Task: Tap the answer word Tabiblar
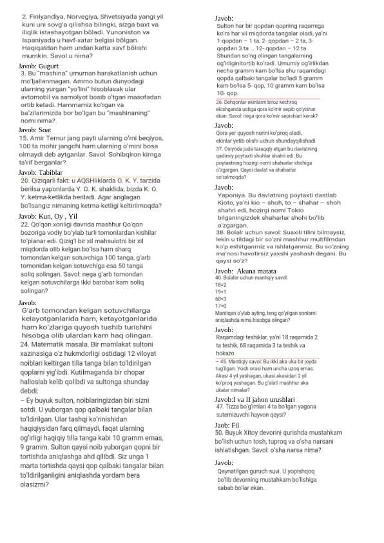click(x=51, y=172)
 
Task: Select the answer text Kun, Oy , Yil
click(x=58, y=215)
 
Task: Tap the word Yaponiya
click(x=235, y=195)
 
